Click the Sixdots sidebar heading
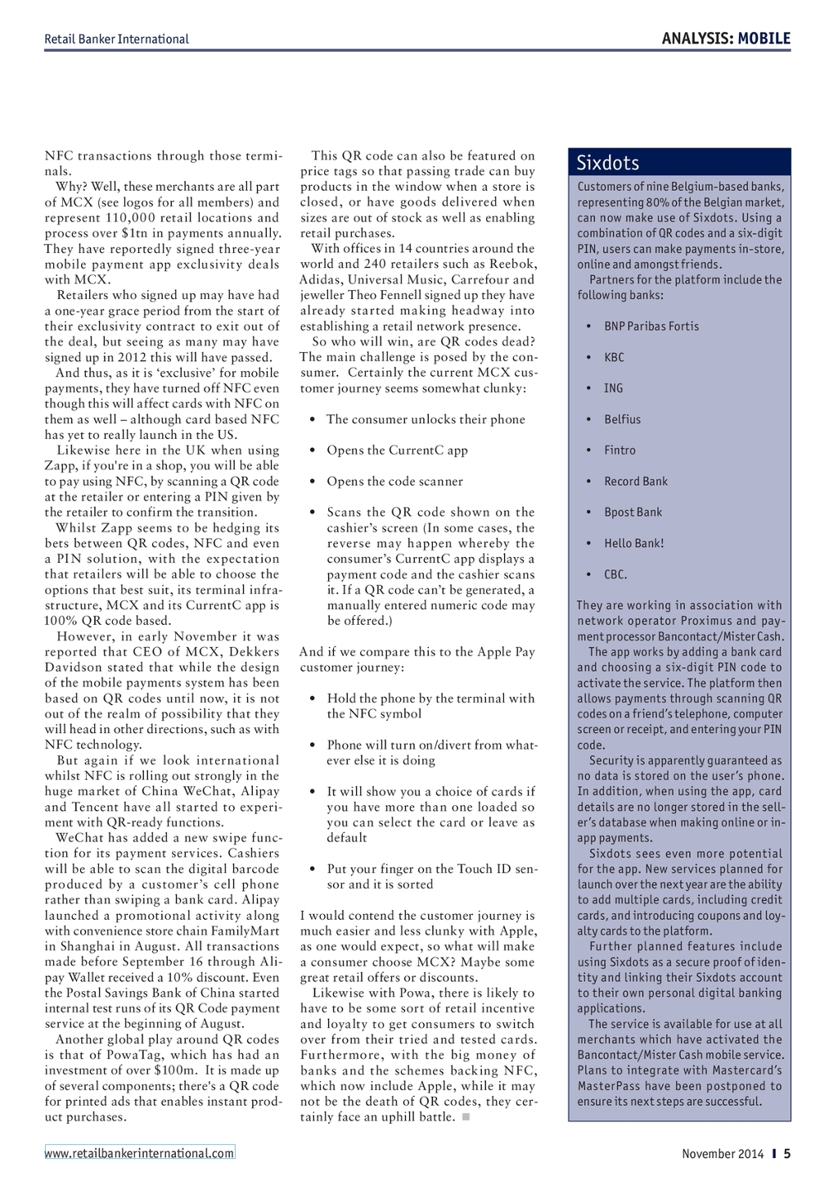(608, 162)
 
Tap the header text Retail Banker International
(116, 39)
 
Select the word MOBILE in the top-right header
(764, 38)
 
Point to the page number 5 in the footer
(787, 1153)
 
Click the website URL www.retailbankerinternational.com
(139, 1153)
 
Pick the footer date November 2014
(723, 1154)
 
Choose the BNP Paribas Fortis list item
(651, 326)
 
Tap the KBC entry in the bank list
(614, 357)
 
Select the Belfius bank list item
(622, 419)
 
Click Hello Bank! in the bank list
(633, 543)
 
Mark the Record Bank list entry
(636, 482)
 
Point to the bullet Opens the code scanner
(394, 482)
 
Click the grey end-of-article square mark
(466, 1117)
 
